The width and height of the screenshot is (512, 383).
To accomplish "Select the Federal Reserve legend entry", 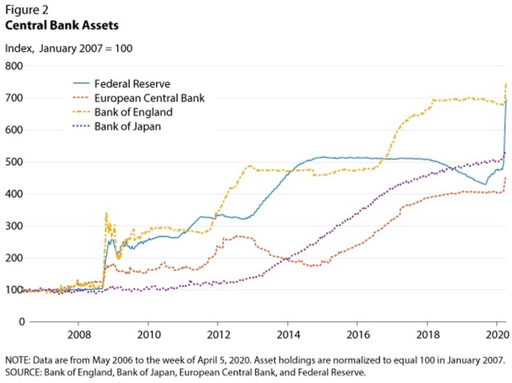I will [x=132, y=84].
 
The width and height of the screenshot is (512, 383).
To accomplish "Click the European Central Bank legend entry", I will [x=149, y=98].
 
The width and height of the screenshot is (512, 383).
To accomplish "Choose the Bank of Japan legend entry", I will [x=127, y=126].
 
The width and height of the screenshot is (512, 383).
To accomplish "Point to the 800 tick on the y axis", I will [x=14, y=66].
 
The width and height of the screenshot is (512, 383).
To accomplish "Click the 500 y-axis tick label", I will [x=14, y=162].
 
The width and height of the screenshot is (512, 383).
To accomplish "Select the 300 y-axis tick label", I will [x=14, y=226].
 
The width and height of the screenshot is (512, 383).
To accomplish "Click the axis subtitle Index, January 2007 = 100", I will [x=68, y=48].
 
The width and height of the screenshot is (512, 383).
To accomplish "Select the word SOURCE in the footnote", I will [x=22, y=373].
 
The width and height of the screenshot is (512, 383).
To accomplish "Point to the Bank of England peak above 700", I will [x=506, y=84].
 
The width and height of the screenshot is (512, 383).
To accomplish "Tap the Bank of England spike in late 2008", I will [x=106, y=214].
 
